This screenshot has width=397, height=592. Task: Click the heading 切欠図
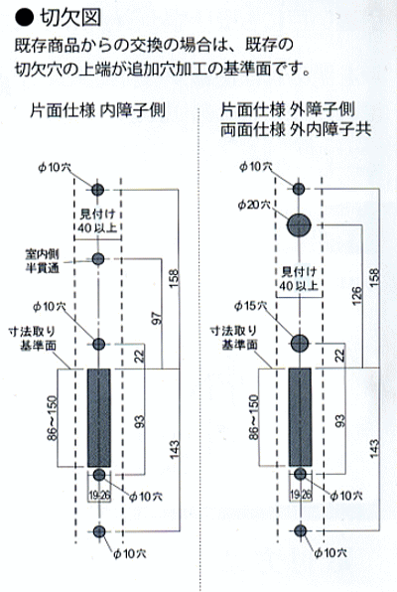tap(70, 18)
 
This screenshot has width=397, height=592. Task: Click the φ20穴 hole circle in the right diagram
tap(299, 225)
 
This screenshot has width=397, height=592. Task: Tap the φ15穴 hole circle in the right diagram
tap(300, 344)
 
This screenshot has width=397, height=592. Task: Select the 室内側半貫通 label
tap(43, 260)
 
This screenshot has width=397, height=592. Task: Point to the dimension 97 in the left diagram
tap(157, 318)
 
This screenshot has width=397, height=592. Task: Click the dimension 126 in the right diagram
tap(357, 296)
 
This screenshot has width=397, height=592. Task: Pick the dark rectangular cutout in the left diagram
tap(99, 418)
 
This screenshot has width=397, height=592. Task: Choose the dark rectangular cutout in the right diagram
tap(300, 417)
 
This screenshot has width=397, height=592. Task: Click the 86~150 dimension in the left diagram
tap(53, 418)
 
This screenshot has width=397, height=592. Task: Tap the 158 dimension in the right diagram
tap(374, 277)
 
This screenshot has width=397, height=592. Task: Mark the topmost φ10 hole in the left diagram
tap(97, 190)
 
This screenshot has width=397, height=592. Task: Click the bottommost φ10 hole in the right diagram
tap(301, 530)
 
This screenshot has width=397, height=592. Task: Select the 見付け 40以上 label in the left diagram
tap(97, 222)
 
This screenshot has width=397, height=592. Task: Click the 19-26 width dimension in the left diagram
tap(99, 496)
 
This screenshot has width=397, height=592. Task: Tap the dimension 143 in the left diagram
tap(174, 450)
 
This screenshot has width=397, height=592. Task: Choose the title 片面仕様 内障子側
tap(97, 110)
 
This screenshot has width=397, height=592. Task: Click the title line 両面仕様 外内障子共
tap(296, 129)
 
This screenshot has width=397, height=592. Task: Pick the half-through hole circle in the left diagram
tap(98, 259)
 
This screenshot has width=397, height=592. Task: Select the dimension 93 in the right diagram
tap(340, 421)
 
